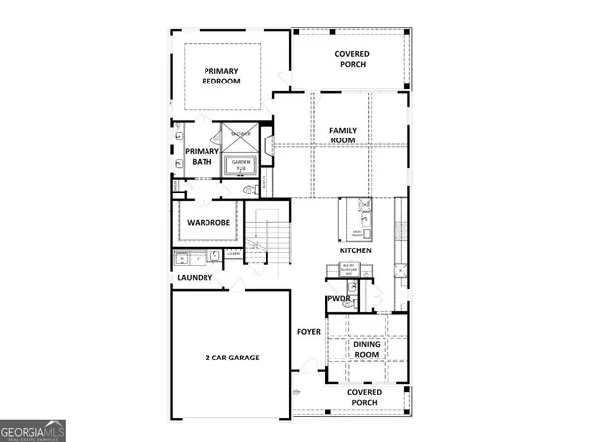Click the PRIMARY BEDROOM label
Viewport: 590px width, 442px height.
coord(222,77)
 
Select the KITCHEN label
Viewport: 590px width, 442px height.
coord(355,251)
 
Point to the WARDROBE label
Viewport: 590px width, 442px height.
coord(208,223)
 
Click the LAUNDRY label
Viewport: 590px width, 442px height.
coord(195,278)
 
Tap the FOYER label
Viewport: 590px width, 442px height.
coord(310,332)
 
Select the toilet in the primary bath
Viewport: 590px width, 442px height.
coord(249,187)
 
